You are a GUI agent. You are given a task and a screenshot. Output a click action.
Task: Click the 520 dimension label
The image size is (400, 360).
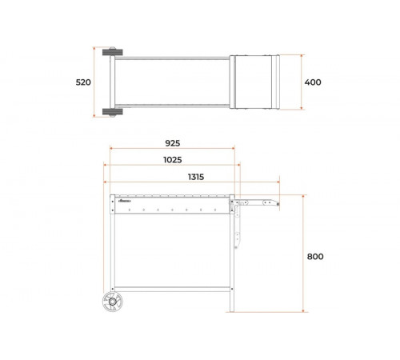[83, 82]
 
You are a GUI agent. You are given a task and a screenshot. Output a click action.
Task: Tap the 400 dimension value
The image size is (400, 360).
[313, 82]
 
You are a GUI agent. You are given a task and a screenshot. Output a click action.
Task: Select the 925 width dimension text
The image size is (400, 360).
[173, 143]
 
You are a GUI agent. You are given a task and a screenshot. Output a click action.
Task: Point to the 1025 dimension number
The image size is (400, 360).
[173, 160]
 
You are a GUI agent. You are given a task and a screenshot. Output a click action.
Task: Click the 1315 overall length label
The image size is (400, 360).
[196, 177]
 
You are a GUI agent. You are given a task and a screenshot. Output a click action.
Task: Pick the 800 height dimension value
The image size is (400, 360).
[315, 257]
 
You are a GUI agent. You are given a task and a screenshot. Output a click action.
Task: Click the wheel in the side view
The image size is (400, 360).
[113, 302]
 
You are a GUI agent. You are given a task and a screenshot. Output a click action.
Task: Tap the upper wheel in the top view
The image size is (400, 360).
[113, 51]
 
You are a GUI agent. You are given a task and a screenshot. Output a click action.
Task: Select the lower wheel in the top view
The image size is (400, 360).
[113, 112]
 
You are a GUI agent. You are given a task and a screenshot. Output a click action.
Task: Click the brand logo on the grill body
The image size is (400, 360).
[124, 201]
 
